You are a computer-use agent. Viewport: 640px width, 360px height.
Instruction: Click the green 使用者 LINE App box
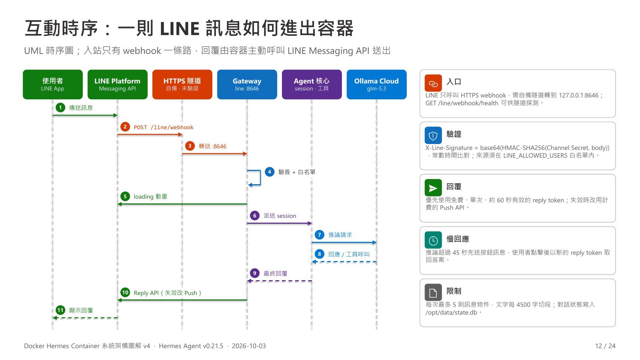[53, 85]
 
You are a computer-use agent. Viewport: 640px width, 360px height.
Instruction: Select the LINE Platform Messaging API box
[117, 85]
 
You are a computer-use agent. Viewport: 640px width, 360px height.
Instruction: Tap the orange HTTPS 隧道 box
[182, 85]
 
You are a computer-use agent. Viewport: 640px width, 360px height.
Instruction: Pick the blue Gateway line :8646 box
[247, 85]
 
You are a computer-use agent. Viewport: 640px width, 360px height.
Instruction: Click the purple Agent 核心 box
[312, 85]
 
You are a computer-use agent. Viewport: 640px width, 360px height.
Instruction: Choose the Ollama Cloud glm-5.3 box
[376, 85]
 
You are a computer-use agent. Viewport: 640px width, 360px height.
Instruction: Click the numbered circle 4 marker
[270, 172]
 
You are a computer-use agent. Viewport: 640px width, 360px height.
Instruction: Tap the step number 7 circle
[320, 234]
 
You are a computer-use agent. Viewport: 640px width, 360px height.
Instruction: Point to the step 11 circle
[61, 310]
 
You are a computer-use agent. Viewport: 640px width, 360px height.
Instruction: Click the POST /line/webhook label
[164, 127]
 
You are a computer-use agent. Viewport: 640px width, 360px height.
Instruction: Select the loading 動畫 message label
[150, 196]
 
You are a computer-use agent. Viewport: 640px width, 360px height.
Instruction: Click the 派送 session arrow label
[280, 216]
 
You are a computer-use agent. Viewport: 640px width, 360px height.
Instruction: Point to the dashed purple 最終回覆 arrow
[279, 281]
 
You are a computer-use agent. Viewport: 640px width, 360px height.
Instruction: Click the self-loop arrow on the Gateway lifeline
[260, 178]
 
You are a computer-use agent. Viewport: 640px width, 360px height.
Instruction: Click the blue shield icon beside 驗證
[433, 136]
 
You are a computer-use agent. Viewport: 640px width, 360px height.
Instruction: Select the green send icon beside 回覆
[433, 188]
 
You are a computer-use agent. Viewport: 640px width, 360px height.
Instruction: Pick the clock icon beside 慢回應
[433, 240]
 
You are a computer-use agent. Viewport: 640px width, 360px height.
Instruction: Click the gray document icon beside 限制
[433, 292]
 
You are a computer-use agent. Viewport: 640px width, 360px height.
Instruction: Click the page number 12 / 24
[605, 346]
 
